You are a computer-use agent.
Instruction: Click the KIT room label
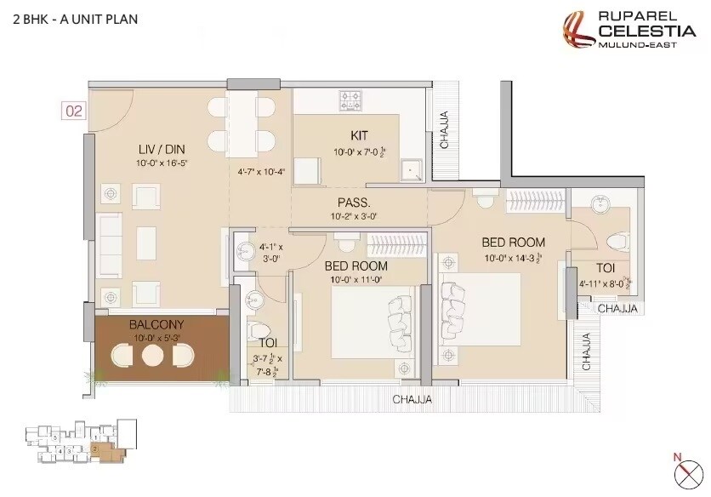(x=359, y=136)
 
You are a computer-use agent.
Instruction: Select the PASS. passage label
(x=353, y=203)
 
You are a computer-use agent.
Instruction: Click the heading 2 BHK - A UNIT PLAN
(x=76, y=18)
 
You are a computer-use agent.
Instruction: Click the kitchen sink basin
(x=412, y=169)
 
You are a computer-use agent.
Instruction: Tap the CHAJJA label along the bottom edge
(x=412, y=399)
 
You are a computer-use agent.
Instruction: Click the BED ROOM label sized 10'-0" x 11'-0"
(x=355, y=266)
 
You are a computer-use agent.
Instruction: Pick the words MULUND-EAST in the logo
(x=638, y=44)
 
